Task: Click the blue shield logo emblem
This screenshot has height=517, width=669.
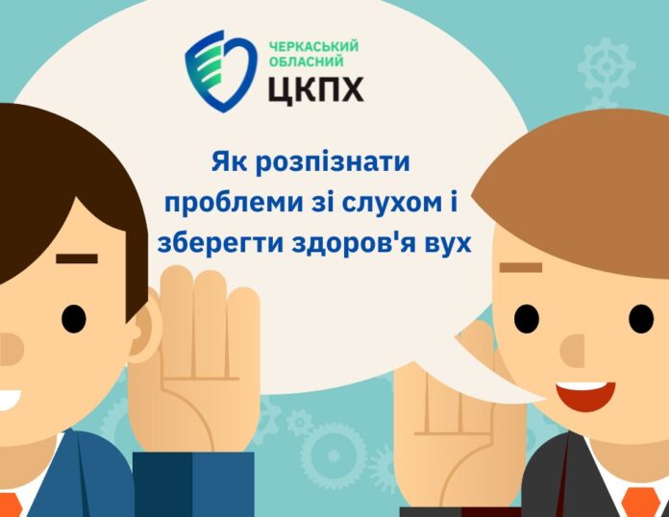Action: pos(221,71)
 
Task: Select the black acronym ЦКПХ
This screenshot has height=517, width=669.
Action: pos(316,89)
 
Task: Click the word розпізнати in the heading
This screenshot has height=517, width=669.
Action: pos(333,163)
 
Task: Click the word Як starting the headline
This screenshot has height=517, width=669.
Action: pos(230,162)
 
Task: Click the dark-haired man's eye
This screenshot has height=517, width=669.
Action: pos(73,319)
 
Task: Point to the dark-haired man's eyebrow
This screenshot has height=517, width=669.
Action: pos(77,258)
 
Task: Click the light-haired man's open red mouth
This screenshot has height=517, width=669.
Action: pos(585,395)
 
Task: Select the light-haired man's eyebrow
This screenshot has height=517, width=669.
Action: pos(521,267)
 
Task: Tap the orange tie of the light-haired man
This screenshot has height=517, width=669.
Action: pos(640,504)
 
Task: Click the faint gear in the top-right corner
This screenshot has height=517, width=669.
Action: pos(607,66)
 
